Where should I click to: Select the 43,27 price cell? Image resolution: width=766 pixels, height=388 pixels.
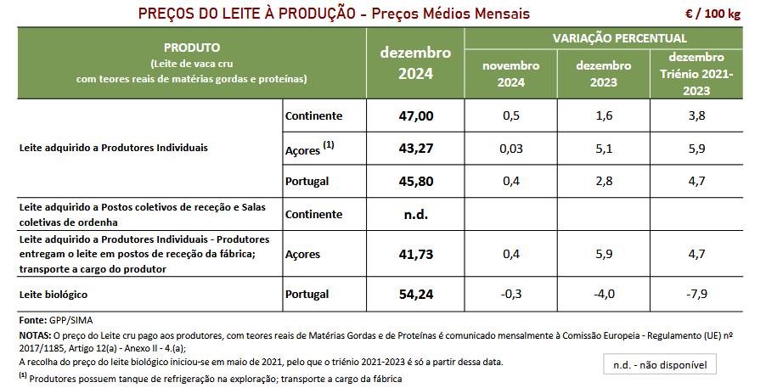(x=415, y=149)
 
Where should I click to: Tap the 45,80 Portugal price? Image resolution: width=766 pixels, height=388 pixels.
(x=415, y=181)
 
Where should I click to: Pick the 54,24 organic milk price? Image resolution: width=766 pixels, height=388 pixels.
(x=415, y=295)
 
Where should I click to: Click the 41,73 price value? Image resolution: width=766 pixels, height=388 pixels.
(x=415, y=254)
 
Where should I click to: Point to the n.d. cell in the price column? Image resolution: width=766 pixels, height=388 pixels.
(x=415, y=214)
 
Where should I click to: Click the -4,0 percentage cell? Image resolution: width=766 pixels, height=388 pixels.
(x=604, y=295)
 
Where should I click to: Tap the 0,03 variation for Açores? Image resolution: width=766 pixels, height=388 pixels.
(x=511, y=149)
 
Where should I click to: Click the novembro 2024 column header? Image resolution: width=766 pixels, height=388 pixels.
(x=511, y=74)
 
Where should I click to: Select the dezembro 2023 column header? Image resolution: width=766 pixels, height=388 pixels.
(x=604, y=74)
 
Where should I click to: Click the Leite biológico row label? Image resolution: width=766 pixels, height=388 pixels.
(x=54, y=295)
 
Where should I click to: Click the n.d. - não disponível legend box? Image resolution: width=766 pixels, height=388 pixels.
(x=659, y=365)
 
